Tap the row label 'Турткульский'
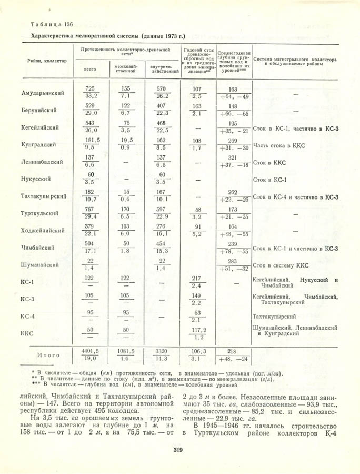(40, 213)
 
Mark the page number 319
(178, 449)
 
